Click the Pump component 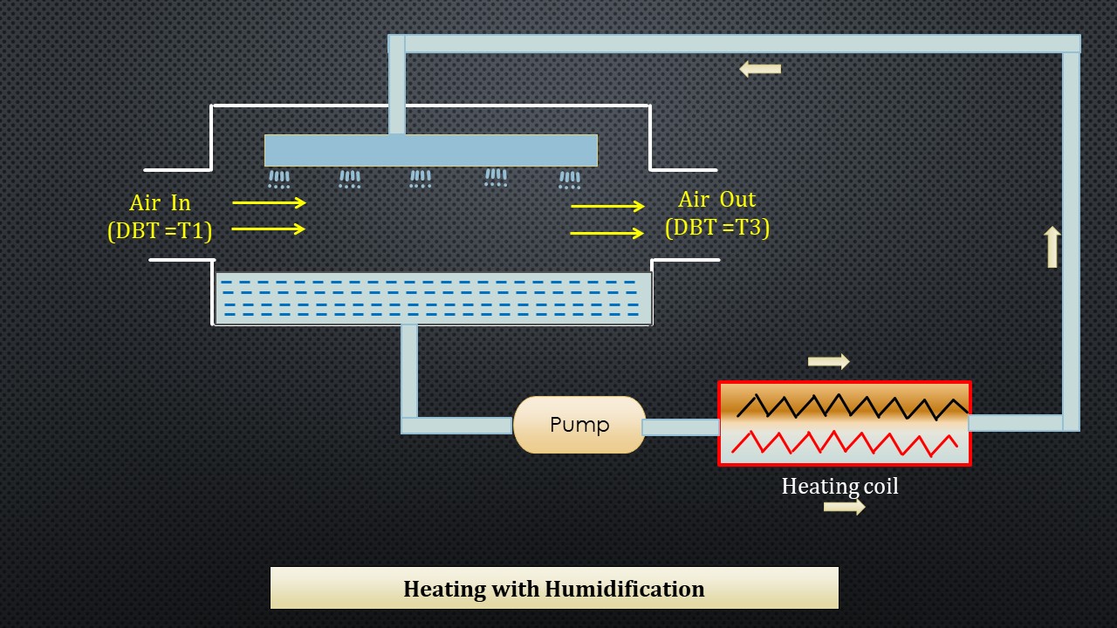pyautogui.click(x=579, y=425)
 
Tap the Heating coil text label pyautogui.click(x=839, y=486)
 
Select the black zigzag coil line pyautogui.click(x=851, y=406)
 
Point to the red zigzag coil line pyautogui.click(x=845, y=443)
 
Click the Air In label pyautogui.click(x=160, y=203)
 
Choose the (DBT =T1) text pyautogui.click(x=160, y=230)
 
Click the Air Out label pyautogui.click(x=717, y=200)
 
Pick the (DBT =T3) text pyautogui.click(x=717, y=227)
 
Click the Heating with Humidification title pyautogui.click(x=554, y=589)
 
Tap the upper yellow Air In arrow pyautogui.click(x=269, y=202)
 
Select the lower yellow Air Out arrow pyautogui.click(x=607, y=234)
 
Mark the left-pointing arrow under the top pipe pyautogui.click(x=760, y=69)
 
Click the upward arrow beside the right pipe pyautogui.click(x=1052, y=247)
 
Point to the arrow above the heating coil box pyautogui.click(x=828, y=361)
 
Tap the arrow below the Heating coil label pyautogui.click(x=844, y=507)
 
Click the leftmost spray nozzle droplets pyautogui.click(x=279, y=180)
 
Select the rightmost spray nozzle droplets pyautogui.click(x=570, y=180)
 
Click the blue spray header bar pyautogui.click(x=431, y=150)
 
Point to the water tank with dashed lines pyautogui.click(x=433, y=298)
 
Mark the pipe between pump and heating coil pyautogui.click(x=681, y=427)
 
